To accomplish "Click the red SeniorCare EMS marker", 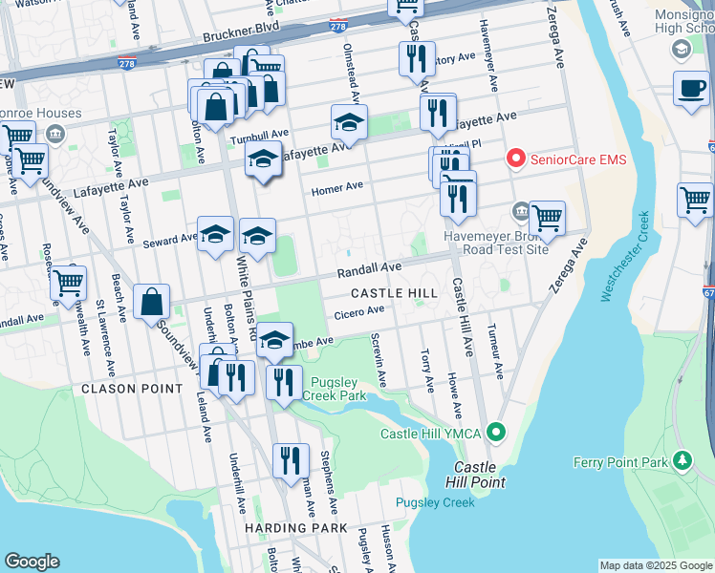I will click(517, 159).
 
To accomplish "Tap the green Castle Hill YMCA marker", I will click(495, 434).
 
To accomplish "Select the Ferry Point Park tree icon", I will click(682, 462).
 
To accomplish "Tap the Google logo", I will click(32, 562).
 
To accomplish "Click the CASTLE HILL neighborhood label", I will click(394, 293).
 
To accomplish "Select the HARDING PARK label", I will click(294, 527).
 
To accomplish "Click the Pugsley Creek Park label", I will click(334, 388).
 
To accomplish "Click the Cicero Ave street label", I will click(358, 310).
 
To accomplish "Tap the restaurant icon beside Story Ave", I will click(417, 59).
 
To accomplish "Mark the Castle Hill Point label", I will click(474, 475).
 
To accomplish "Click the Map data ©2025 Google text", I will click(656, 565).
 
